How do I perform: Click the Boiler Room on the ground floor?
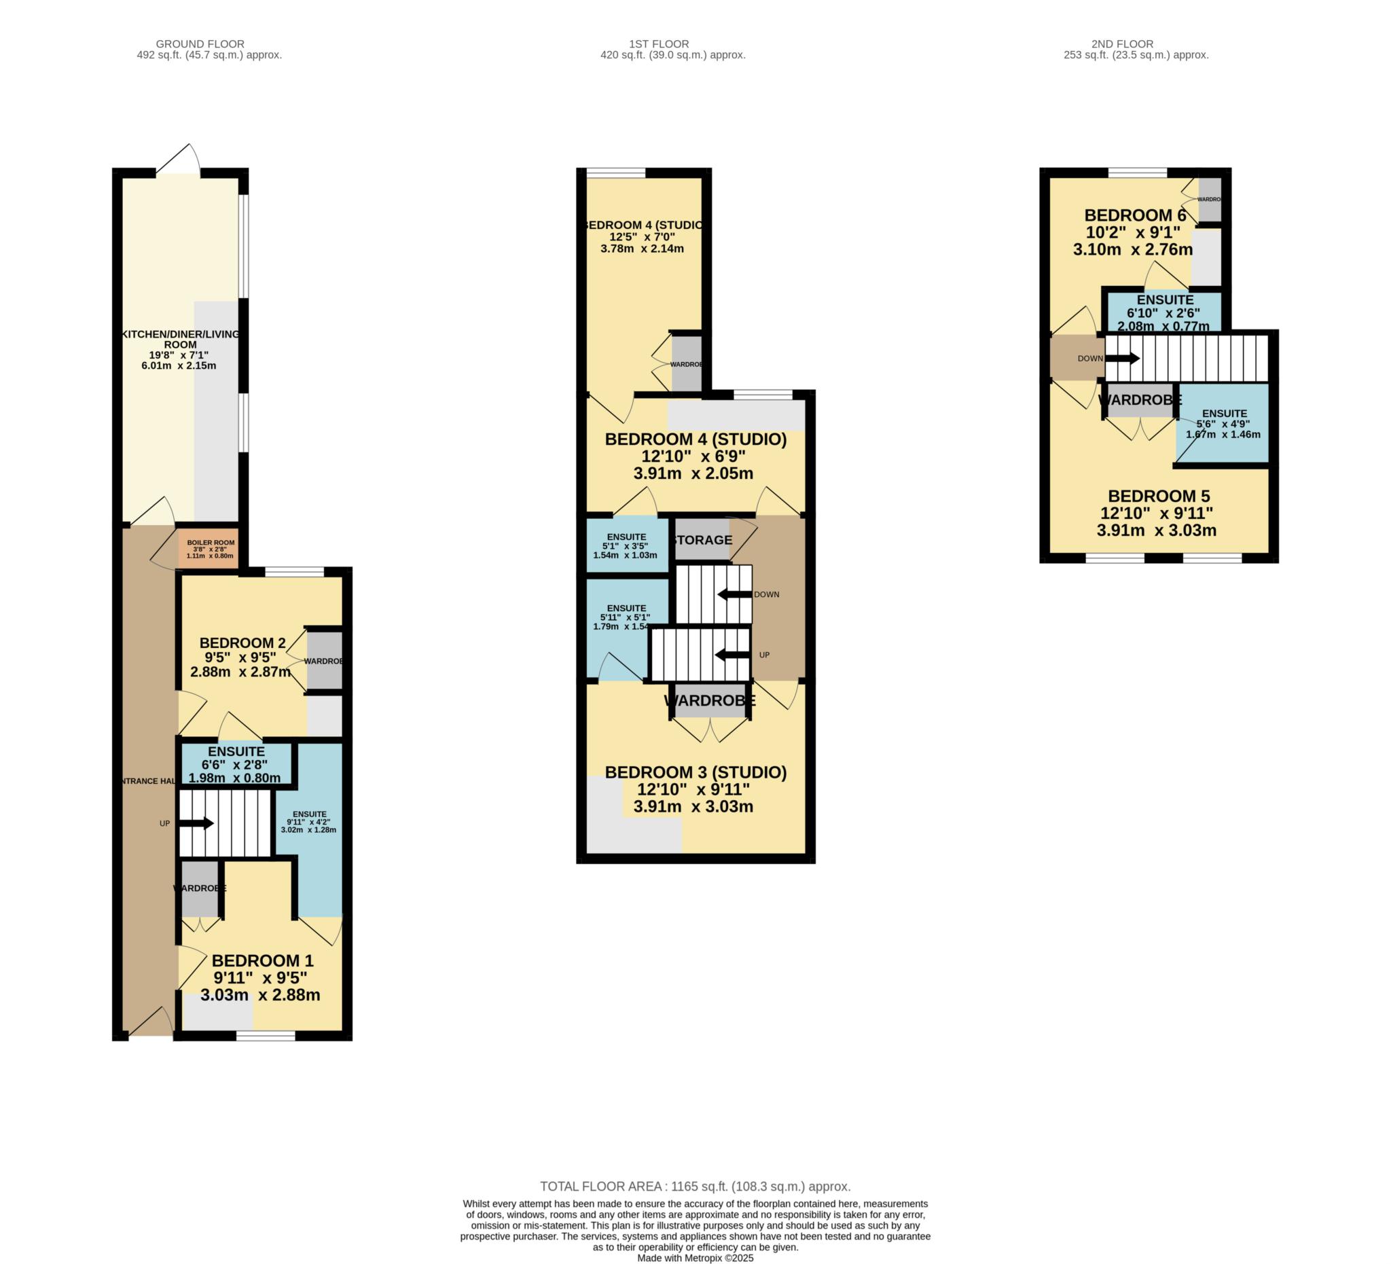pyautogui.click(x=211, y=549)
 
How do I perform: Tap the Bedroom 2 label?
pyautogui.click(x=242, y=643)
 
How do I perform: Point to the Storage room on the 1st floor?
pyautogui.click(x=702, y=539)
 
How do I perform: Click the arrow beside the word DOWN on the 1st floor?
pyautogui.click(x=734, y=594)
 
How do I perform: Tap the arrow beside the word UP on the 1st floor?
pyautogui.click(x=732, y=655)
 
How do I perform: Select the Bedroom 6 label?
pyautogui.click(x=1135, y=215)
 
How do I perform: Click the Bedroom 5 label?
pyautogui.click(x=1159, y=496)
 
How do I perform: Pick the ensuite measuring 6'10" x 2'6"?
pyautogui.click(x=1165, y=312)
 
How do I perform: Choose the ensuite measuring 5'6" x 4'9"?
pyautogui.click(x=1223, y=423)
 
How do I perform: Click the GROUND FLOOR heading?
pyautogui.click(x=200, y=43)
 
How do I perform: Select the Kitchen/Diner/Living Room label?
pyautogui.click(x=181, y=339)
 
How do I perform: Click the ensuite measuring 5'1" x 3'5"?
pyautogui.click(x=626, y=545)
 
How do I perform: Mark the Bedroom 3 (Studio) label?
pyautogui.click(x=695, y=772)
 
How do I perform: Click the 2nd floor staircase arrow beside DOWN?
pyautogui.click(x=1123, y=358)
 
